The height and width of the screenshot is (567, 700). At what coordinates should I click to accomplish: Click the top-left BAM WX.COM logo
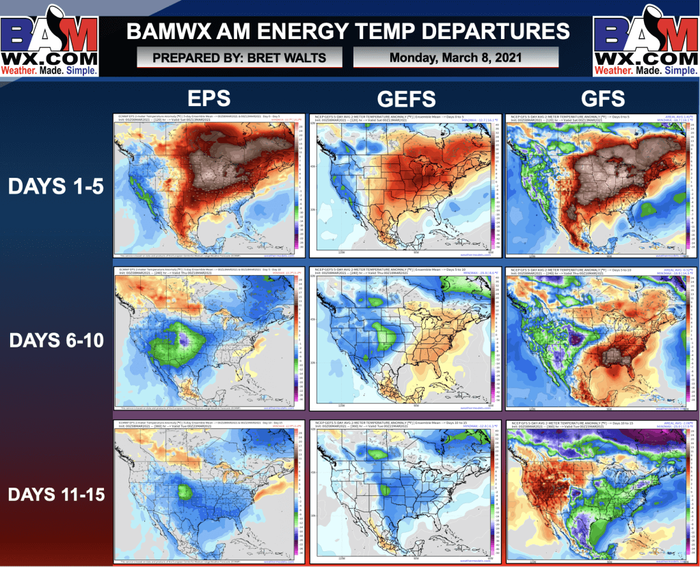coord(49,40)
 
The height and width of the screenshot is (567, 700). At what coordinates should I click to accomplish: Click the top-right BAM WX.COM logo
coord(645,40)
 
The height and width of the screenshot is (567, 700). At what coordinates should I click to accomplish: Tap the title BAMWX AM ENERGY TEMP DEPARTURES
coord(349,31)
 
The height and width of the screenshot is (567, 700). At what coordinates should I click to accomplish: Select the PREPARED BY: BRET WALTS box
coord(240,57)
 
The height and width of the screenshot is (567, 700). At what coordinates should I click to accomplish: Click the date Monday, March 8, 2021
coord(456,57)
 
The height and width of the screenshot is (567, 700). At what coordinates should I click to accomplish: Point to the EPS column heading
coord(210,98)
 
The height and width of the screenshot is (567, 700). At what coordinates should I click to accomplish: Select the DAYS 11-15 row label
coord(56,492)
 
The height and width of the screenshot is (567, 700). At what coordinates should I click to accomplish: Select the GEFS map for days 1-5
coord(404,185)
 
